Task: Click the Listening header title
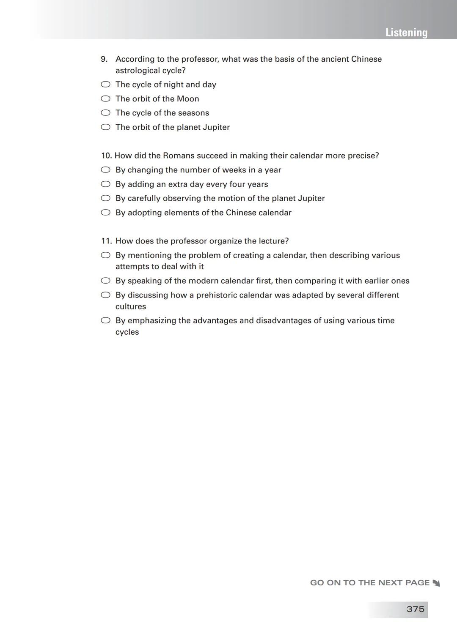point(406,33)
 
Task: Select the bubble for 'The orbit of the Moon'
point(105,99)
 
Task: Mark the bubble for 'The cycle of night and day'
point(105,85)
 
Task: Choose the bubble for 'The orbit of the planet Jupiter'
point(105,127)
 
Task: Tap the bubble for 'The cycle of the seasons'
point(105,113)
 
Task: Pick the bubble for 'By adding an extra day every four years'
point(105,184)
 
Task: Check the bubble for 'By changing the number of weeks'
point(105,170)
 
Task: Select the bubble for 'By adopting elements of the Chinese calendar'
point(105,213)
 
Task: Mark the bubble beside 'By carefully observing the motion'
point(105,198)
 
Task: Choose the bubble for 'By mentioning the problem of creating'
point(105,255)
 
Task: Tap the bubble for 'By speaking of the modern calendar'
point(105,281)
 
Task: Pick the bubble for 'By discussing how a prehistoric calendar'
point(105,295)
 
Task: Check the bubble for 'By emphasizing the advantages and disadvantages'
point(105,320)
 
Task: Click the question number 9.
point(104,59)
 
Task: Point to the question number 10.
point(106,156)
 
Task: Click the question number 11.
point(106,241)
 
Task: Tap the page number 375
point(415,609)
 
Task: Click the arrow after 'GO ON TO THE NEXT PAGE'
point(436,583)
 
